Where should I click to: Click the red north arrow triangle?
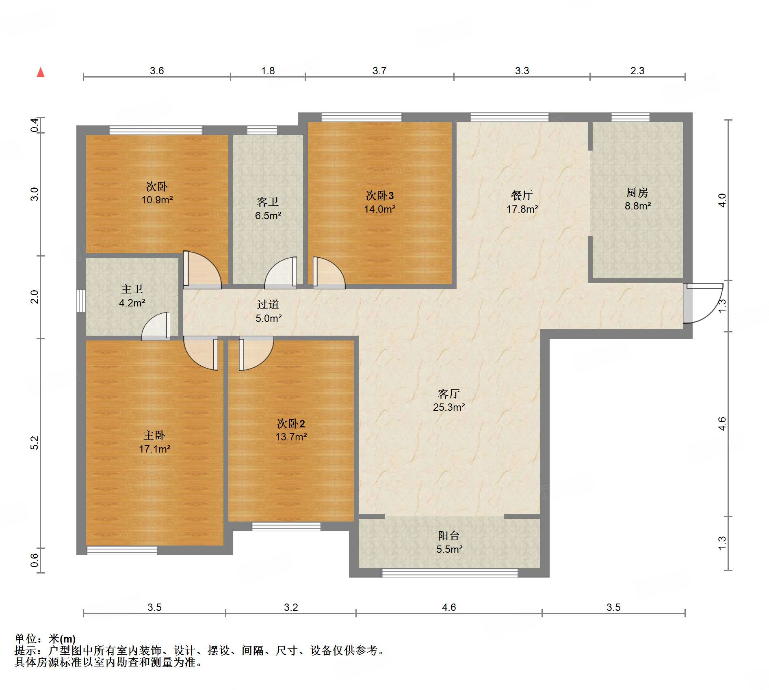pyautogui.click(x=41, y=72)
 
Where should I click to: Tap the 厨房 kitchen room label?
pyautogui.click(x=637, y=192)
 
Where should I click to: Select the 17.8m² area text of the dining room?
pyautogui.click(x=522, y=209)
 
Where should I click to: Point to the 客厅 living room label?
pyautogui.click(x=448, y=394)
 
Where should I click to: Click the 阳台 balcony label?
pyautogui.click(x=448, y=536)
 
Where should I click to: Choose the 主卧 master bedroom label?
pyautogui.click(x=154, y=436)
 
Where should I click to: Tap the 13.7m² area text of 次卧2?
pyautogui.click(x=291, y=437)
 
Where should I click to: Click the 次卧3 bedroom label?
pyautogui.click(x=379, y=196)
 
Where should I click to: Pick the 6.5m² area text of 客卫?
pyautogui.click(x=268, y=216)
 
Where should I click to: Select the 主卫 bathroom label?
pyautogui.click(x=132, y=289)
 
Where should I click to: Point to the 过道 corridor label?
pyautogui.click(x=268, y=304)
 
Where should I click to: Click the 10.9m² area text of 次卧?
pyautogui.click(x=157, y=200)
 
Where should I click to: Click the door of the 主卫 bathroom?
pyautogui.click(x=156, y=326)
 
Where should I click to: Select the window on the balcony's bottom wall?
pyautogui.click(x=450, y=573)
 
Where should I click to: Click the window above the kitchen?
pyautogui.click(x=630, y=117)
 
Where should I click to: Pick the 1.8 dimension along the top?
pyautogui.click(x=268, y=71)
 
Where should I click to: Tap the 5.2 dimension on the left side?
pyautogui.click(x=35, y=442)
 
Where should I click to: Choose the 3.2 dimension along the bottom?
pyautogui.click(x=291, y=607)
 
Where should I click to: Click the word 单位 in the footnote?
pyautogui.click(x=26, y=639)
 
